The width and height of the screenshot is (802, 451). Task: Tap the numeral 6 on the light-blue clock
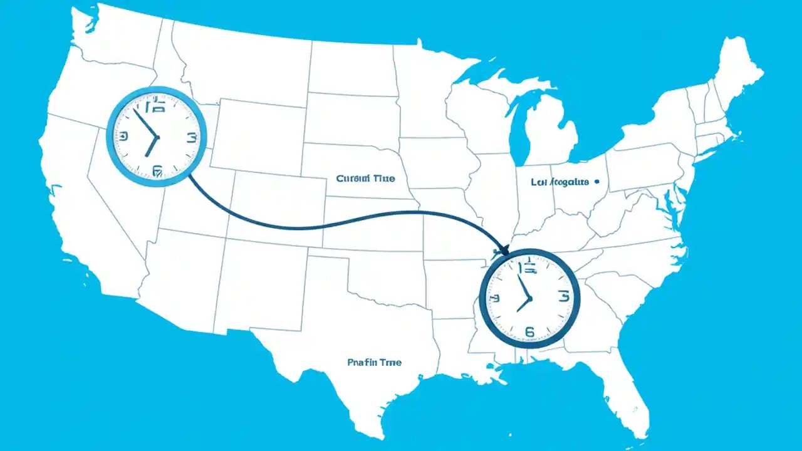(x=157, y=170)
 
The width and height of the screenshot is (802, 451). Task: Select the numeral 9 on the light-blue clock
(x=123, y=136)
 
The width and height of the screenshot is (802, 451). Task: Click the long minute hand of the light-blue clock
(x=145, y=123)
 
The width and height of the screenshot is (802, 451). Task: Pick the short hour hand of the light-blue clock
(x=151, y=147)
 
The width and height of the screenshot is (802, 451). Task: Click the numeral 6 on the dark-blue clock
(x=529, y=332)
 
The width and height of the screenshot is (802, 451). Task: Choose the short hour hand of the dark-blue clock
(x=523, y=305)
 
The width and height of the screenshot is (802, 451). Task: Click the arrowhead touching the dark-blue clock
(x=504, y=251)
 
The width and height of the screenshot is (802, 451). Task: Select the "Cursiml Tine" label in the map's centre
(x=365, y=179)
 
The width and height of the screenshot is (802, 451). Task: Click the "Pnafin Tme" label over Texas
(x=374, y=362)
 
